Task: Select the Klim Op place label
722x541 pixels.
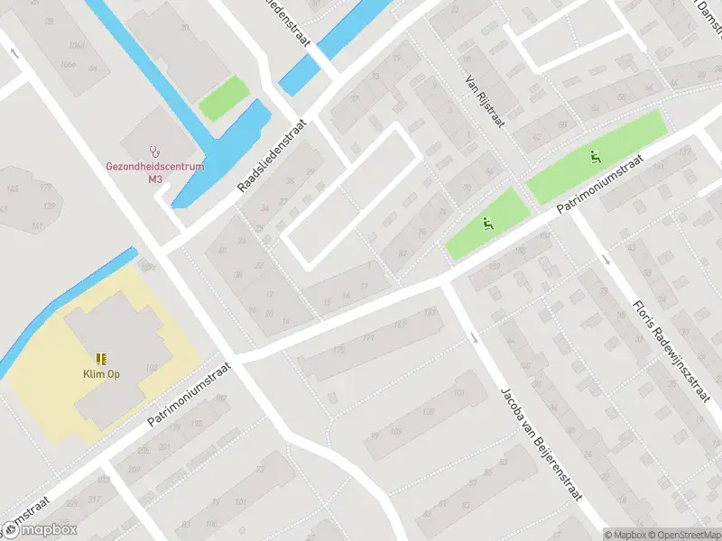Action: [101, 373]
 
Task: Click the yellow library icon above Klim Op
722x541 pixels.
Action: [101, 358]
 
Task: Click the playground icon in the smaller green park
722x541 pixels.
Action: [488, 225]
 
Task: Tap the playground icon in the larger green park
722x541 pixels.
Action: [594, 158]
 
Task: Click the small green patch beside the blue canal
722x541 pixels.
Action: [223, 98]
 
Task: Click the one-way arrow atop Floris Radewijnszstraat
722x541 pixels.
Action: [606, 260]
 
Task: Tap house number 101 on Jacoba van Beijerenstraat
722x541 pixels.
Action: [458, 394]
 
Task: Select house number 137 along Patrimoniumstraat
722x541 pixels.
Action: [430, 312]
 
